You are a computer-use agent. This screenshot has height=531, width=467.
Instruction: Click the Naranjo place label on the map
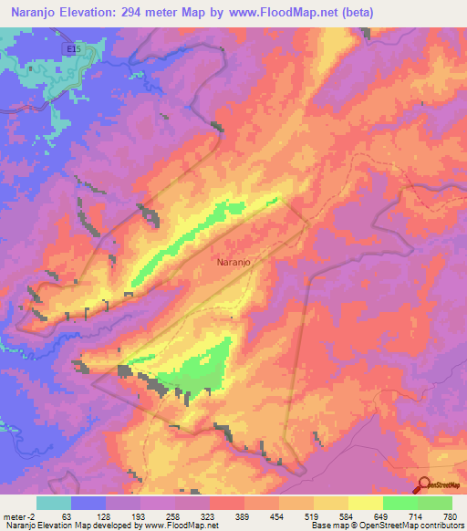[235, 262]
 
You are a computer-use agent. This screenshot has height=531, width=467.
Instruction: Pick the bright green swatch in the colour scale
[400, 503]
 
